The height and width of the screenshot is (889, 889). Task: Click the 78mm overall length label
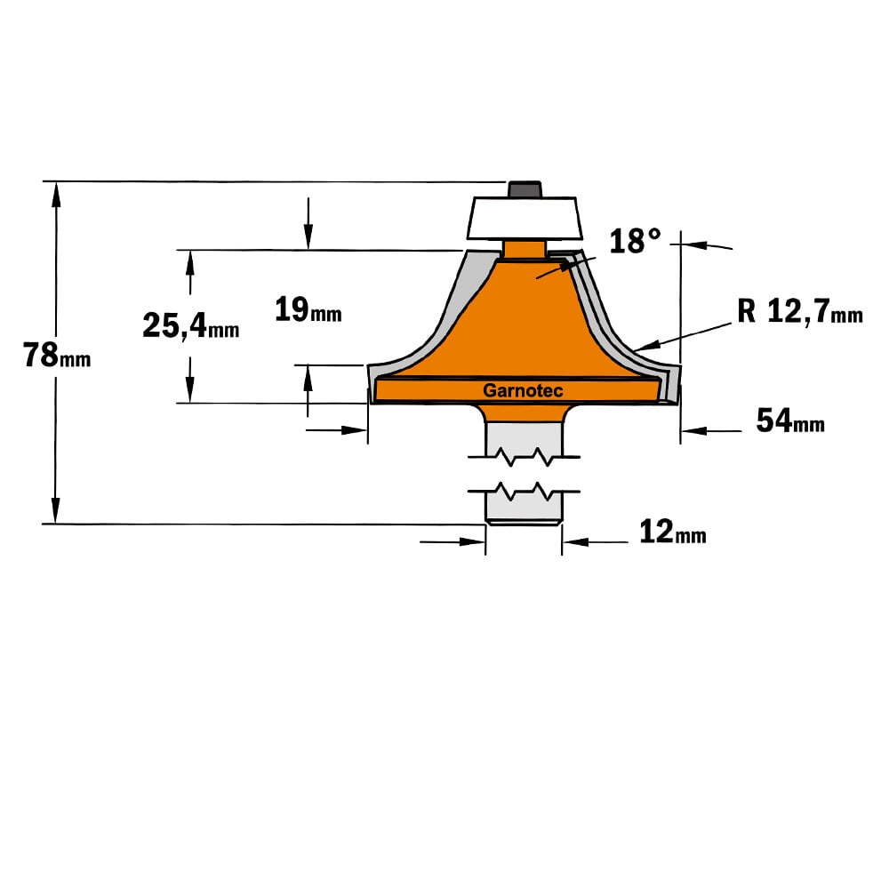pos(56,356)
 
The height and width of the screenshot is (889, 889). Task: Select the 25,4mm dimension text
pos(190,326)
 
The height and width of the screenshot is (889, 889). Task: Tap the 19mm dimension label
pos(308,310)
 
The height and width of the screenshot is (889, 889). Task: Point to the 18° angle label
pos(635,241)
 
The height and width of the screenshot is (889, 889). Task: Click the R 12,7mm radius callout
pos(800,311)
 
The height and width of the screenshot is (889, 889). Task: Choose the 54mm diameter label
pos(790,421)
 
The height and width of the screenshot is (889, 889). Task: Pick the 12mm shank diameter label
pos(672,533)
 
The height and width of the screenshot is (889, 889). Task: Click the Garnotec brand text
pos(523,390)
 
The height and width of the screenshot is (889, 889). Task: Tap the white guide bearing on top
pos(525,219)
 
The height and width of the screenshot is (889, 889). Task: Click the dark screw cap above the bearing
pos(525,189)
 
